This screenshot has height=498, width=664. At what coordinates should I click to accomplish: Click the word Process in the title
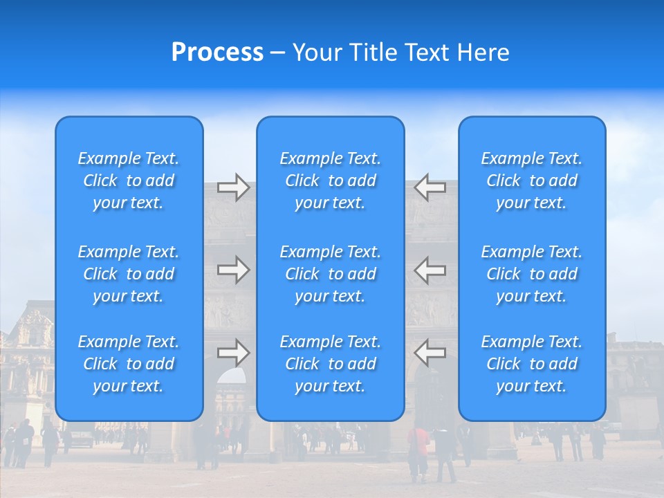[x=217, y=53]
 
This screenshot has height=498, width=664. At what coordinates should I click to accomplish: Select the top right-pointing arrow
[x=233, y=187]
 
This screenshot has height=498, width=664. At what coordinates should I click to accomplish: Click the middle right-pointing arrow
[x=233, y=270]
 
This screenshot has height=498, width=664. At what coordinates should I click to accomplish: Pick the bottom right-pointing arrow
[x=233, y=353]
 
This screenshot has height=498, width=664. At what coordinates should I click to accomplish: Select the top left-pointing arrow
[x=430, y=187]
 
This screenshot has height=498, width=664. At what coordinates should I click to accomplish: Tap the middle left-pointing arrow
[x=430, y=270]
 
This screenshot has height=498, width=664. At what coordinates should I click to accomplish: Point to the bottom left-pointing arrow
[x=430, y=353]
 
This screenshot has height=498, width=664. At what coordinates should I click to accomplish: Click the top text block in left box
[x=129, y=181]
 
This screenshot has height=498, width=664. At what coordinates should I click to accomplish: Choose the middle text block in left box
[x=129, y=274]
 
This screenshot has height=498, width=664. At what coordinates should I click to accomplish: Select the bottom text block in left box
[x=129, y=364]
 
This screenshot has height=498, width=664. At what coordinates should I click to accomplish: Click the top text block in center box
[x=331, y=181]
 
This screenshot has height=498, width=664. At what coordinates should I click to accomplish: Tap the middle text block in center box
[x=331, y=274]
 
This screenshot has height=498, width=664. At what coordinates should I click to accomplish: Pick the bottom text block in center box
[x=331, y=364]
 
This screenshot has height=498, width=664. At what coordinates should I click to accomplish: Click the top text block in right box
[x=532, y=181]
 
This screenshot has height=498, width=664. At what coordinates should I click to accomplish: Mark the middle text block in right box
[x=532, y=274]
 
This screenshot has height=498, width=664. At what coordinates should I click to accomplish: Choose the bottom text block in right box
[x=532, y=364]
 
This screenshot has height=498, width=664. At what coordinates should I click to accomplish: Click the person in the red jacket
[x=418, y=450]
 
